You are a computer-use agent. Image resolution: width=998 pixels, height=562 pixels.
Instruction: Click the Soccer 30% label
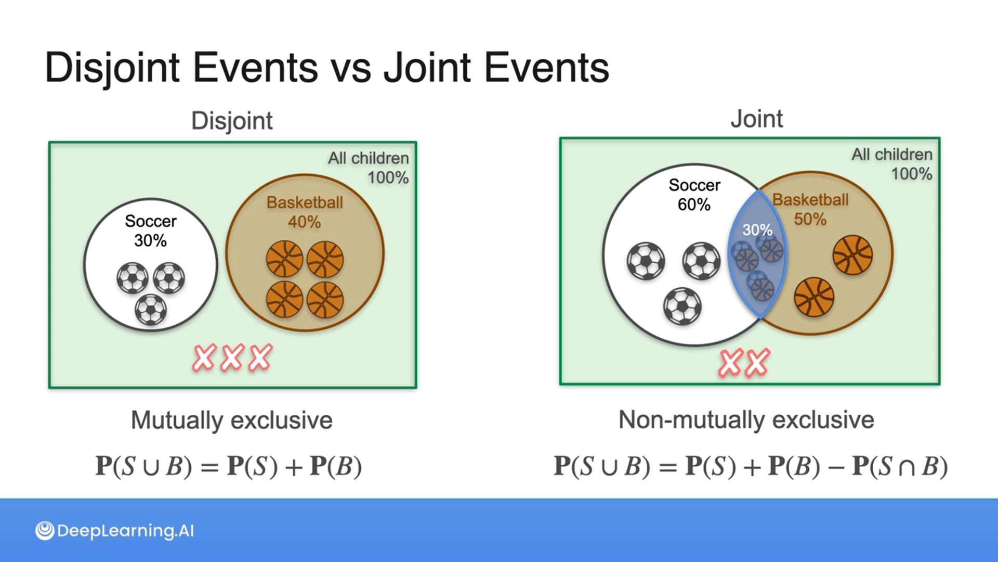coord(151,231)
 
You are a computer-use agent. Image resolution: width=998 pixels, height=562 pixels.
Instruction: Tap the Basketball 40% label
coord(305,212)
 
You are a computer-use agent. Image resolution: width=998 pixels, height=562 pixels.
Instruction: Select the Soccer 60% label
coord(694,195)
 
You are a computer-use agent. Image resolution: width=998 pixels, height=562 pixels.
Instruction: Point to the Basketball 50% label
coord(810,209)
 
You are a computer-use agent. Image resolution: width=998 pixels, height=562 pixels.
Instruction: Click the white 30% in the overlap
coord(757,229)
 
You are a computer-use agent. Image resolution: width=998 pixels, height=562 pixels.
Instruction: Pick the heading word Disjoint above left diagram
coord(232,121)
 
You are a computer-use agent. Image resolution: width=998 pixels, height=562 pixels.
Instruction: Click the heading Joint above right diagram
coord(756,119)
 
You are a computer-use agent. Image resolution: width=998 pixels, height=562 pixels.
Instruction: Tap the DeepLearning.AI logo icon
coord(45,531)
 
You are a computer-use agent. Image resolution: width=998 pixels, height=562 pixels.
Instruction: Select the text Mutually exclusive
coord(232,420)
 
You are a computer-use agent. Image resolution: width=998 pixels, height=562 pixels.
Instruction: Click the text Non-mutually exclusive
coord(746,419)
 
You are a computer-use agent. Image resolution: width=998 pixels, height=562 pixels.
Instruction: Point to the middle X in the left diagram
coord(232,357)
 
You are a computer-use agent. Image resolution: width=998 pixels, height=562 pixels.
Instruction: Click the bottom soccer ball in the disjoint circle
coord(151,310)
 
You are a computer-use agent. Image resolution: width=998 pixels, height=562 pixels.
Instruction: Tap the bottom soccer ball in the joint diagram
coord(682,306)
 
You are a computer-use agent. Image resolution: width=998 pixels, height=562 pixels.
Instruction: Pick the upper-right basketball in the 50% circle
coord(852,254)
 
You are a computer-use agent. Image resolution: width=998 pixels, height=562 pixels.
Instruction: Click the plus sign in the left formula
coord(294,466)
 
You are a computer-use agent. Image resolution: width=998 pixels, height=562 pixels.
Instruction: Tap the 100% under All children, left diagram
coord(388,177)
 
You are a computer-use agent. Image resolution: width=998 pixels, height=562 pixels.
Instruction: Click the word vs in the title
coord(351,68)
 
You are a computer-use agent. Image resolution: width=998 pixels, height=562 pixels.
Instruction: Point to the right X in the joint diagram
coord(757,363)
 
